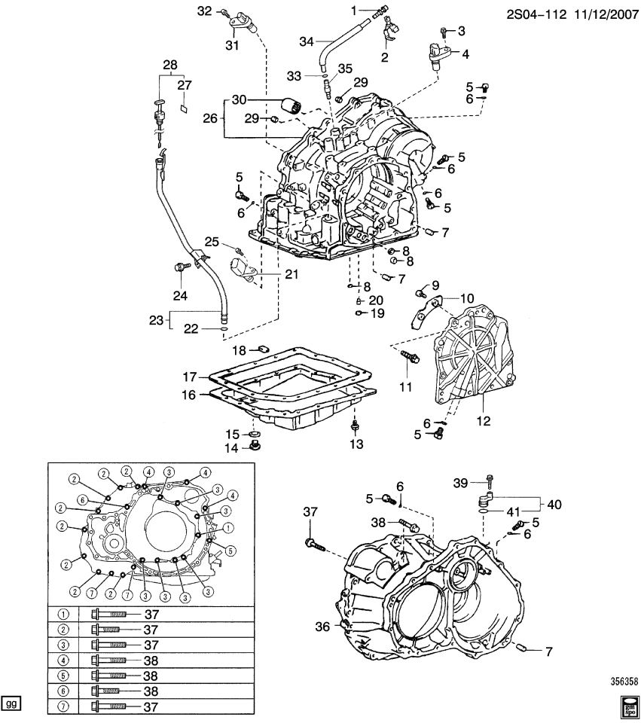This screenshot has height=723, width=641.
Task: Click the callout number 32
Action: [x=205, y=11]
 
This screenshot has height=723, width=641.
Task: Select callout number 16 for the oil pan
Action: [x=191, y=394]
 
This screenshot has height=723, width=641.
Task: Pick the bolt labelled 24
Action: [x=182, y=267]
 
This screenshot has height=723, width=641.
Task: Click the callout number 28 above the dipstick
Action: [x=170, y=65]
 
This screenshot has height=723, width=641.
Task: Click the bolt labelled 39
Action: [x=490, y=479]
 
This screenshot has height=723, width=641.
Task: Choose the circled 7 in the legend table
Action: [x=63, y=706]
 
